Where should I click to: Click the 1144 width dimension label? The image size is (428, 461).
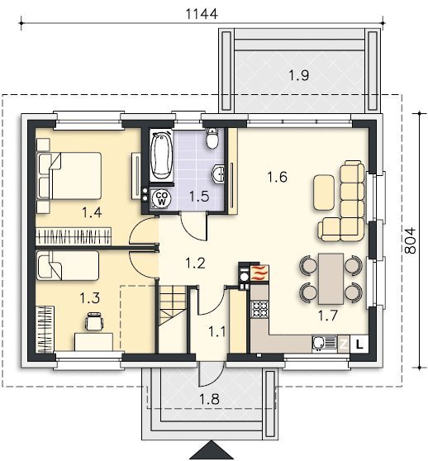pos(202,14)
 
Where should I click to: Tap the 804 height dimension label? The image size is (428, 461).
pos(411,240)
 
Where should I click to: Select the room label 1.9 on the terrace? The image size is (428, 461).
pos(299,75)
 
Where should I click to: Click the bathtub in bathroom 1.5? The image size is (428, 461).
pos(161,155)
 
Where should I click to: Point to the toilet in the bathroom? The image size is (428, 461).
pos(212,138)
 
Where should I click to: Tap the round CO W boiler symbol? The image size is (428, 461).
pos(162,198)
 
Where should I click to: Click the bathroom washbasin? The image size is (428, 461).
pos(218,174)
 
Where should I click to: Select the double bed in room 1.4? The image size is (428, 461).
pos(69,176)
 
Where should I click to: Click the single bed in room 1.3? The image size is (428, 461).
pos(68,265)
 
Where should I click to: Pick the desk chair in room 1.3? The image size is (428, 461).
pos(94,321)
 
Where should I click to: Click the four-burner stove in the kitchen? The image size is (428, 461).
pos(259,309)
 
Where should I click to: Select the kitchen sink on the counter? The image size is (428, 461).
pos(324,343)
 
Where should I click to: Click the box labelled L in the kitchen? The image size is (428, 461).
pos(359,344)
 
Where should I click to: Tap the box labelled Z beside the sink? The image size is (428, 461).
pos(344,344)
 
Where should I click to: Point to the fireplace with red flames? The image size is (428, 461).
pos(259,273)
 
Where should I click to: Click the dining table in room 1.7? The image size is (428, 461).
pos(331,278)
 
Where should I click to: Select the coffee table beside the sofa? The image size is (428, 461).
pos(324,192)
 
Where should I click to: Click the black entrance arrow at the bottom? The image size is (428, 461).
pos(211,449)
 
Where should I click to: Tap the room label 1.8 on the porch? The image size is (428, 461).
pos(209,400)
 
